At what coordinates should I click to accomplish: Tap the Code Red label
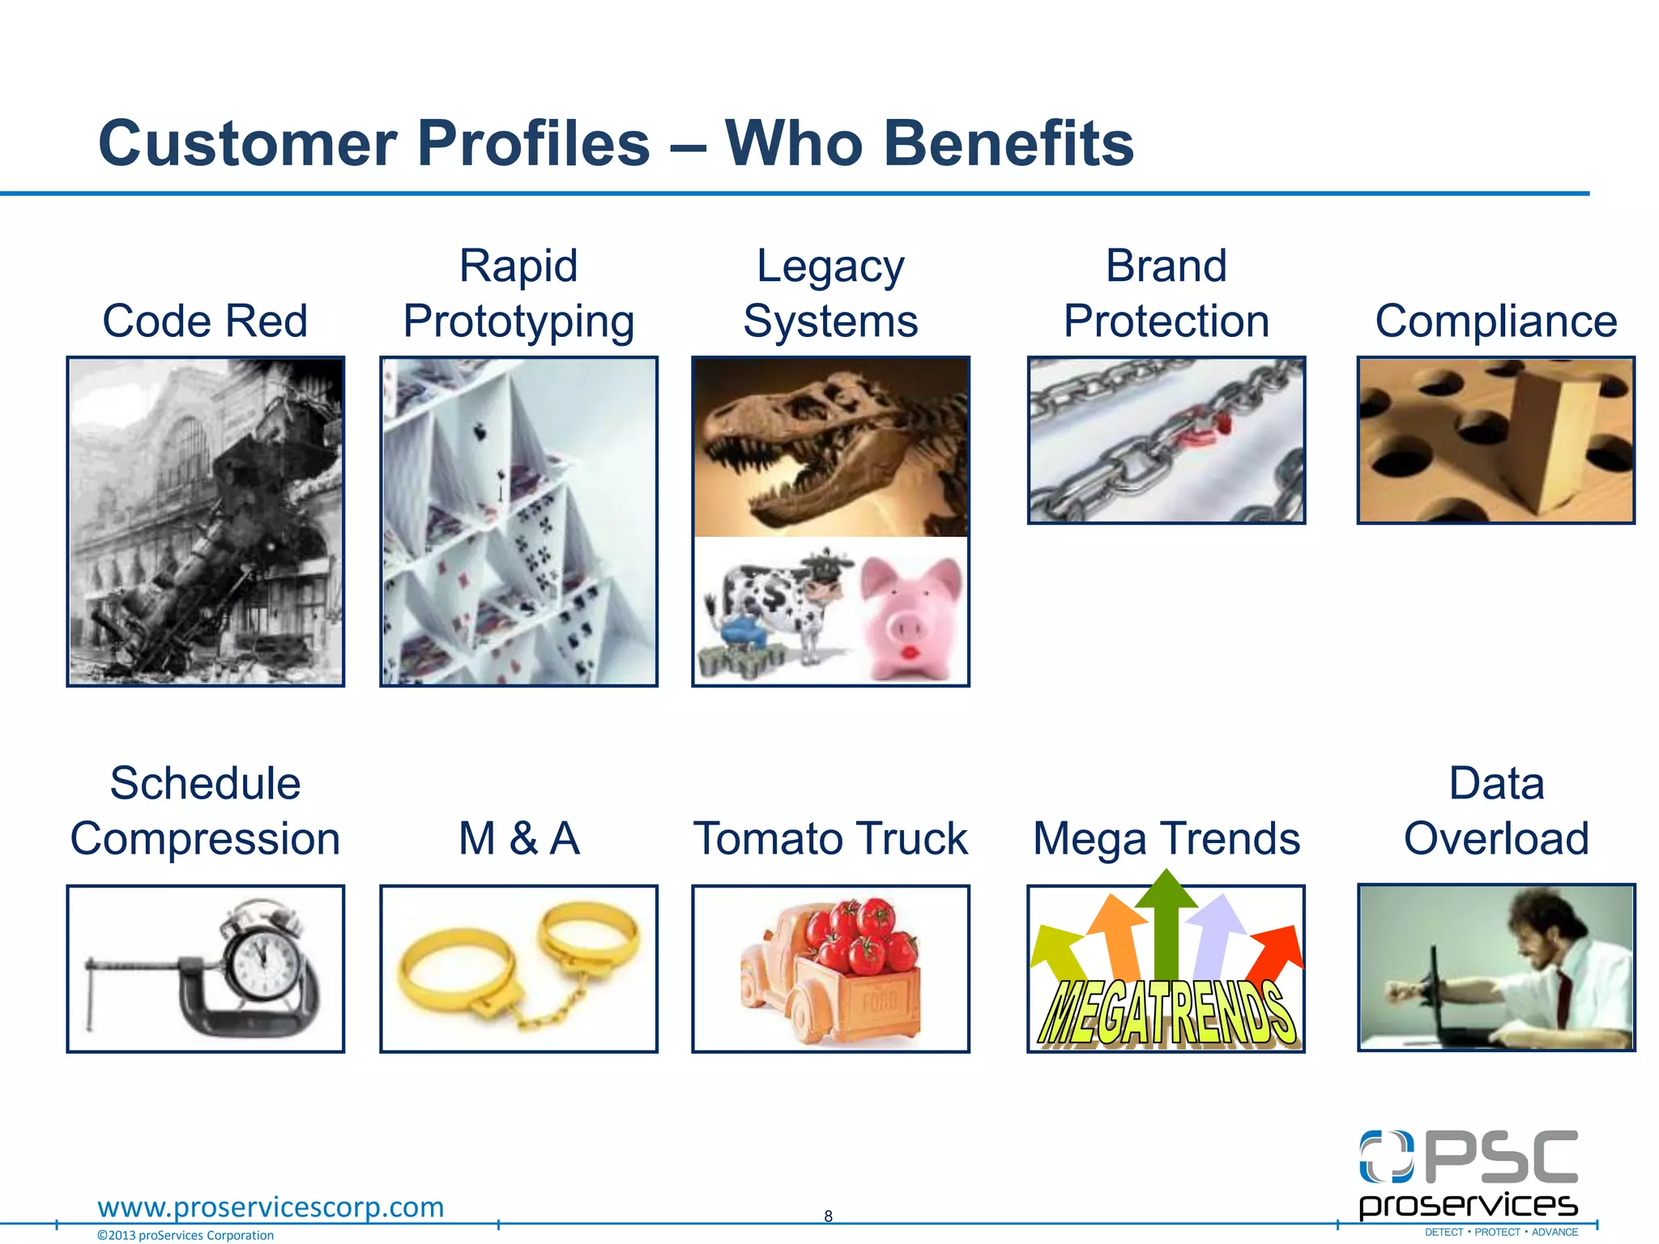tap(205, 321)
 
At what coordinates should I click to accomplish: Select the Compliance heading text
tap(1495, 321)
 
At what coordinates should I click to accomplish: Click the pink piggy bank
tap(911, 616)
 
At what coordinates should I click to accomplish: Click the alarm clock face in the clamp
tap(262, 962)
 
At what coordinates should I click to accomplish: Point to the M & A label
tap(518, 838)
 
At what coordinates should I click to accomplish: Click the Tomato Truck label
tap(830, 838)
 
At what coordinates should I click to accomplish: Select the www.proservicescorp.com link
tap(271, 1207)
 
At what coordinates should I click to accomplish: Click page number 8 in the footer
tap(828, 1216)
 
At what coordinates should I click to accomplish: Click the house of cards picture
tap(518, 522)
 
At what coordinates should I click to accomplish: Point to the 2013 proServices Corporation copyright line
tap(186, 1235)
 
